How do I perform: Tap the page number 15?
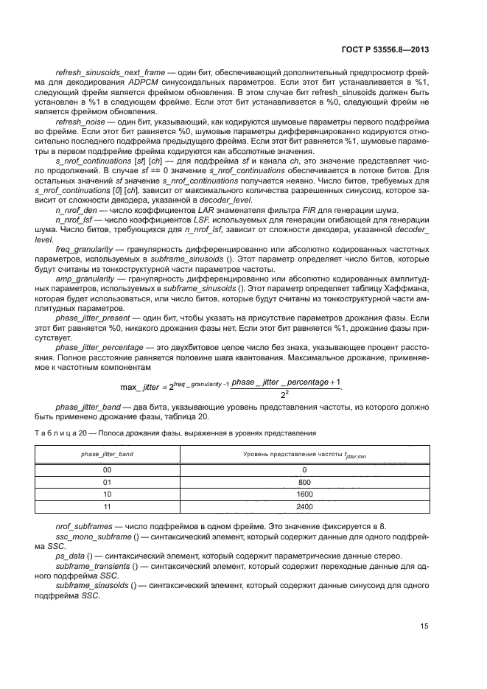pos(424,626)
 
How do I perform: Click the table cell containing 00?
pos(108,469)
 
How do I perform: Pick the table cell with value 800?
pos(304,481)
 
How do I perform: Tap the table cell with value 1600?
pos(304,494)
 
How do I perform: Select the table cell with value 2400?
pos(304,506)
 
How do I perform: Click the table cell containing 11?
pos(108,506)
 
